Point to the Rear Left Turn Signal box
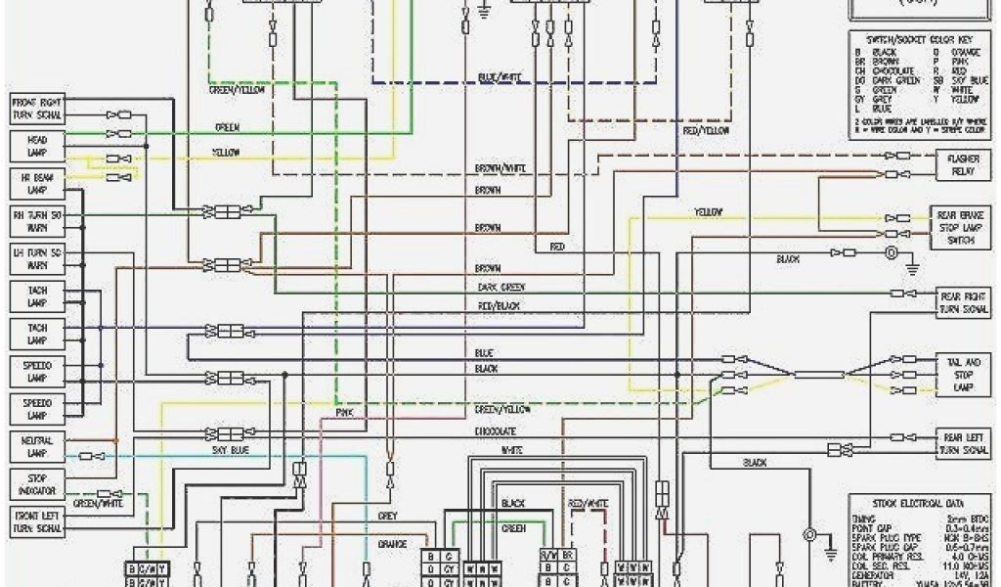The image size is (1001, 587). [962, 443]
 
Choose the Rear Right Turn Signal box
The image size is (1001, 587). [962, 302]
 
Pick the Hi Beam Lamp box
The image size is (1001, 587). [37, 183]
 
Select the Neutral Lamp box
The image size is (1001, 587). [37, 447]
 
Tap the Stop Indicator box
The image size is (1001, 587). [37, 482]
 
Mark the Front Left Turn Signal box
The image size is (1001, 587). [37, 520]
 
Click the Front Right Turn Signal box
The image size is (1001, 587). [37, 108]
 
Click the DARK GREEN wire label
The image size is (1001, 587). [500, 287]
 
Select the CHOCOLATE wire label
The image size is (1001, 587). [495, 431]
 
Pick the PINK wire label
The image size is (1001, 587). [344, 414]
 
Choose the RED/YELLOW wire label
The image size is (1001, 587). [706, 130]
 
